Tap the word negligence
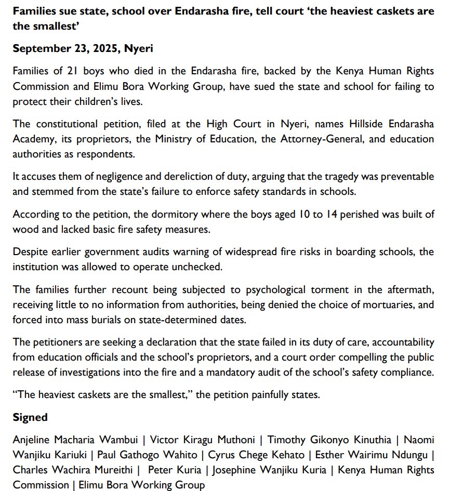(118, 177)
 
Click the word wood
(25, 229)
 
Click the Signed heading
(30, 417)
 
